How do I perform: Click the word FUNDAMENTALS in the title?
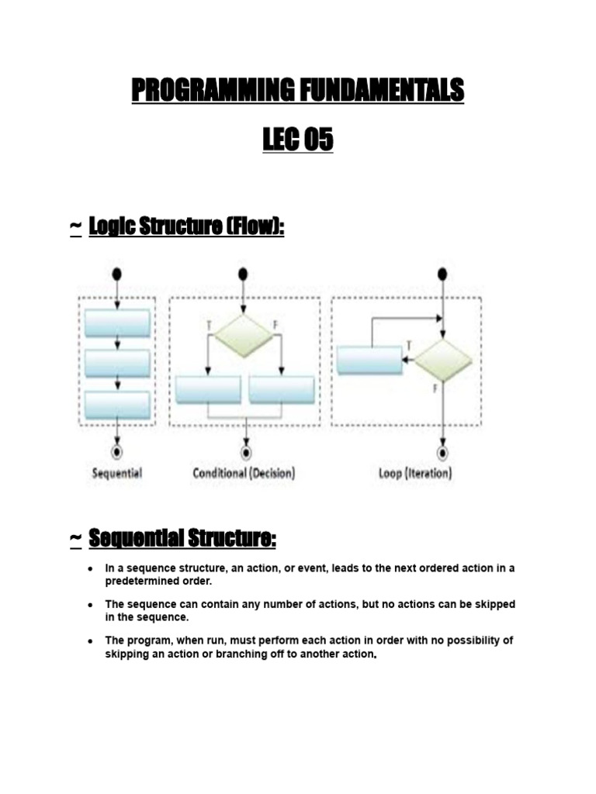point(377,91)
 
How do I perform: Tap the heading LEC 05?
point(298,140)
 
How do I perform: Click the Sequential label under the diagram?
point(117,473)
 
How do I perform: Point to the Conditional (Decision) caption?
point(244,473)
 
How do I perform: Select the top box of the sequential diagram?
point(117,323)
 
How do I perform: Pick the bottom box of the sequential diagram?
point(117,404)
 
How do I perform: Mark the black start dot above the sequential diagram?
point(117,274)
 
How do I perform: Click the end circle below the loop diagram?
point(442,451)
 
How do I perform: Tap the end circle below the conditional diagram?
point(246,451)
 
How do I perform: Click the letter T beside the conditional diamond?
point(209,324)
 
